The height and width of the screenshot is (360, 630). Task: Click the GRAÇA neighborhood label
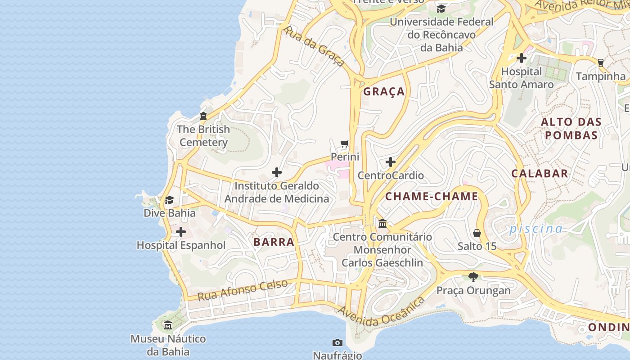384,92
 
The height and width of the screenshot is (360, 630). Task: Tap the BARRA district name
274,242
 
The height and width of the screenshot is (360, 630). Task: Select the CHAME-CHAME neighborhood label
432,197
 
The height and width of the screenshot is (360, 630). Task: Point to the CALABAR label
540,174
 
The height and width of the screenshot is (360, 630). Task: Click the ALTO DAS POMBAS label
571,129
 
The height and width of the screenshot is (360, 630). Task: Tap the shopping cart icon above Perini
345,144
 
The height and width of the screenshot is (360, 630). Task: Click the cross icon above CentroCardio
391,162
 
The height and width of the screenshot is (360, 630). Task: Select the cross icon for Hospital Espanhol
181,232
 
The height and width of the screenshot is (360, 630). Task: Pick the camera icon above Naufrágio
337,343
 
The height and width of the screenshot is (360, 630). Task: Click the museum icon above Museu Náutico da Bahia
168,325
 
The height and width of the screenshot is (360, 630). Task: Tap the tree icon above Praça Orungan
473,277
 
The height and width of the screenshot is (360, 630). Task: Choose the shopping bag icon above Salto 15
477,233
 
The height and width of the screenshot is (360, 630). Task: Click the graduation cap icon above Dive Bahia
169,200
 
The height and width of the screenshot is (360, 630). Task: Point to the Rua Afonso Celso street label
243,290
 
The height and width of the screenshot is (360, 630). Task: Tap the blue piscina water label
535,229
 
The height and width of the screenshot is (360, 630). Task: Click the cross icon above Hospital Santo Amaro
522,58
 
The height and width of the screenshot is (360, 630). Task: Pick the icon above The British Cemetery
203,116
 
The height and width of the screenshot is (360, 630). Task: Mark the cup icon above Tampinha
600,63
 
